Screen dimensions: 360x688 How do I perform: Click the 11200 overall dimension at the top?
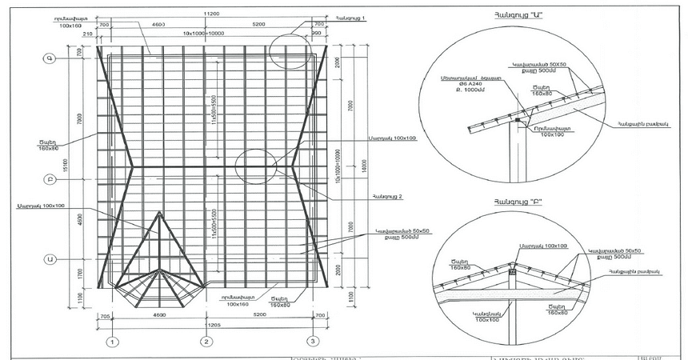pos(211,14)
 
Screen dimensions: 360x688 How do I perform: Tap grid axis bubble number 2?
pos(206,342)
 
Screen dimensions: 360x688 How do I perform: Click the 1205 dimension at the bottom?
pos(214,326)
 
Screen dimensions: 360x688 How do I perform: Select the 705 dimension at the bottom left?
pos(104,317)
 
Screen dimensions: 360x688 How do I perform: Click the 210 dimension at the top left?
pos(87,35)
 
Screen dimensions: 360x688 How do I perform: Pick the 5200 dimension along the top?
pos(260,25)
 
